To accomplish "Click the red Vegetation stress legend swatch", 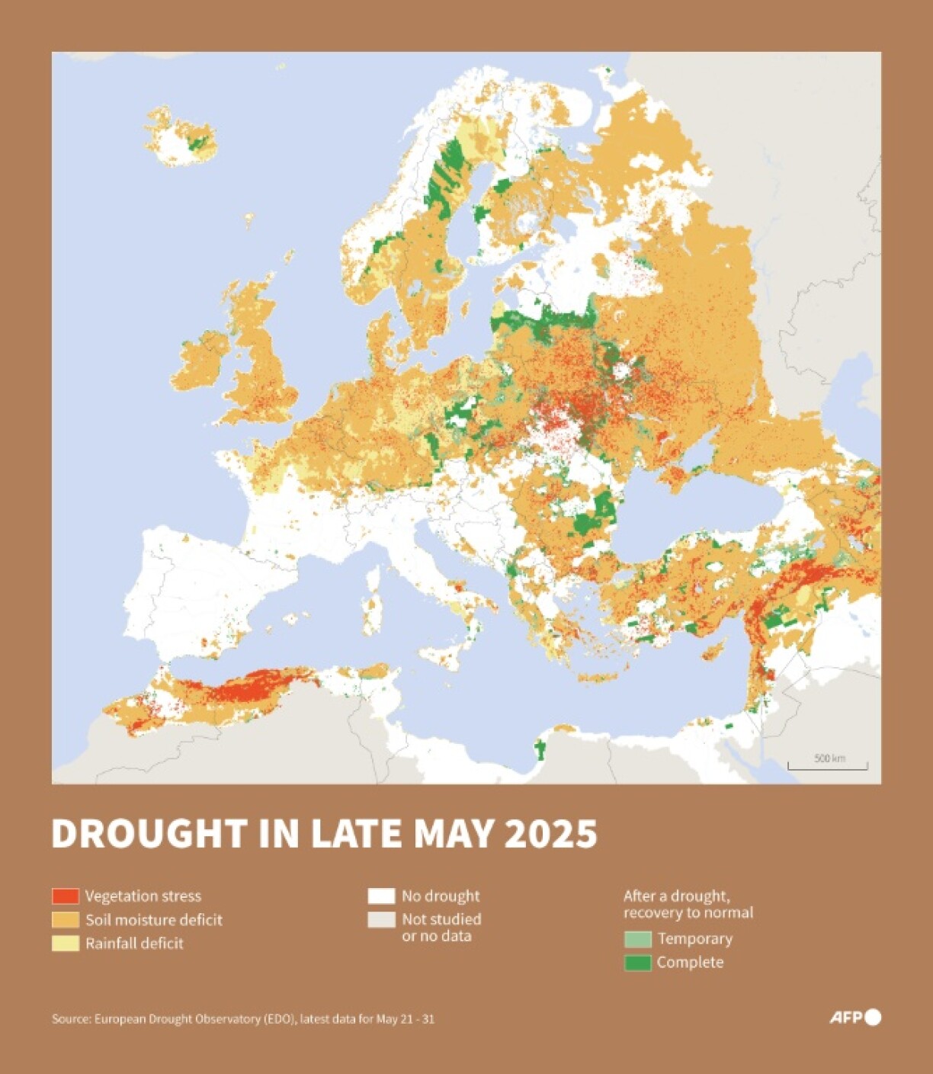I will click(65, 896).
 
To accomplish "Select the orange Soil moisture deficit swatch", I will click(65, 919).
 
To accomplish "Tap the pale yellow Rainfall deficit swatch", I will click(65, 943).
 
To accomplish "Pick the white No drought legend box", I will click(381, 896).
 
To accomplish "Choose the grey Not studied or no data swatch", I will click(381, 919).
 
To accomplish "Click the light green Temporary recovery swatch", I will click(637, 939).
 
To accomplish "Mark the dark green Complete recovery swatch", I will click(637, 963).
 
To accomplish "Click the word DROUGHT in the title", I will click(149, 834).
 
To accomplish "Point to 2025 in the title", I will click(551, 834).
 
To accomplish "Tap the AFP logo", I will click(854, 1017).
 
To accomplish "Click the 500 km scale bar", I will click(827, 765).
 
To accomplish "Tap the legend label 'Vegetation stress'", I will click(143, 896).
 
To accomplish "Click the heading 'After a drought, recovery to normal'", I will click(688, 904).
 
